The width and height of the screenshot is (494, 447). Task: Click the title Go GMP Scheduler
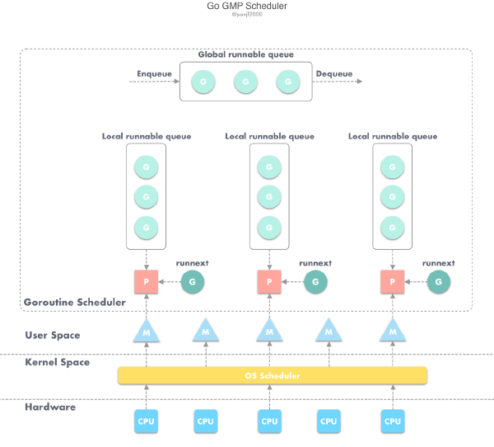[247, 6]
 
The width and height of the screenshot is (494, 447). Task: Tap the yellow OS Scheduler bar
[273, 375]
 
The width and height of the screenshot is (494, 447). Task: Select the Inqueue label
[155, 73]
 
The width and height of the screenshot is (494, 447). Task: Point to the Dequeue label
[333, 73]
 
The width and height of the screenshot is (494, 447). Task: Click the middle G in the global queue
[245, 82]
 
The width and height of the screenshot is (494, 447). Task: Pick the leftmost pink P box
[146, 281]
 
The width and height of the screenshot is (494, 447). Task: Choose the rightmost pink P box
[393, 281]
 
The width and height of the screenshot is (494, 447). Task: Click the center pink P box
[269, 281]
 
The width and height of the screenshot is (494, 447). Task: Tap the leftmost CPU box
[146, 421]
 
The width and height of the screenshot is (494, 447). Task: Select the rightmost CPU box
[393, 421]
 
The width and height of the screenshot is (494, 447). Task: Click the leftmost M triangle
[146, 332]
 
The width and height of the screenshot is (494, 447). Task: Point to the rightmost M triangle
[393, 332]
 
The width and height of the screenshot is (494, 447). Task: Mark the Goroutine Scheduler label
[75, 303]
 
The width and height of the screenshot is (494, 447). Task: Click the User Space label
[53, 335]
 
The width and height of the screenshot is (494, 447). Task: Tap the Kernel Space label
[58, 362]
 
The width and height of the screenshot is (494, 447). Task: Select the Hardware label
[50, 407]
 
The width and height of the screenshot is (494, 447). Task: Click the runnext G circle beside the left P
[192, 281]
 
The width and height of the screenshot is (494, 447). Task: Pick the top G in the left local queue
[146, 167]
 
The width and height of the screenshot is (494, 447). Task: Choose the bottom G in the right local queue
[393, 226]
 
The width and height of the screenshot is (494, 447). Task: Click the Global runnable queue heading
[245, 54]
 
